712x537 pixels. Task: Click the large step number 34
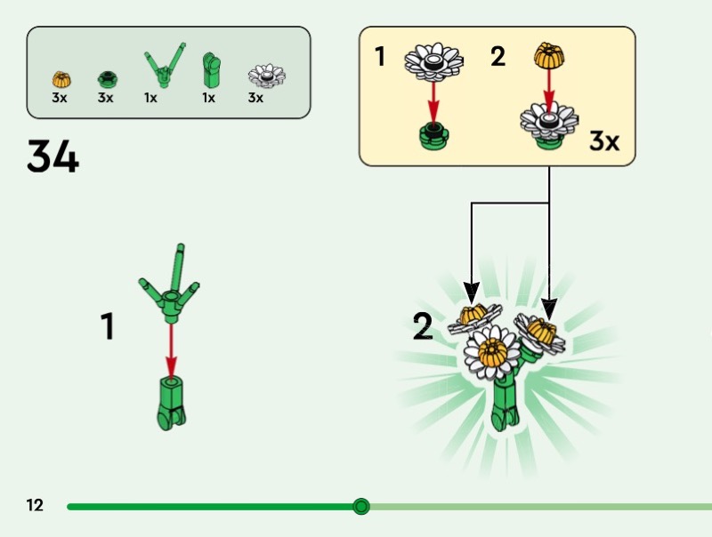[x=53, y=156]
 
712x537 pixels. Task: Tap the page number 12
[x=35, y=506]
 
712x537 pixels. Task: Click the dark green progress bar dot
[x=360, y=506]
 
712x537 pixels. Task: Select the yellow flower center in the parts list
[x=60, y=78]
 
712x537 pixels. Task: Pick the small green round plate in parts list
[x=106, y=79]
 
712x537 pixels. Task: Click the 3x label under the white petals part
[x=255, y=98]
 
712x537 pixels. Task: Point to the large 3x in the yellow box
[x=604, y=140]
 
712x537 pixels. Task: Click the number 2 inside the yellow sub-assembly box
[x=498, y=58]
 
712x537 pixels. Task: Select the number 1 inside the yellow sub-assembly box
[x=380, y=58]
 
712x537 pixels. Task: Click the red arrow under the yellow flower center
[x=549, y=87]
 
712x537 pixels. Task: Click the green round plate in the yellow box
[x=434, y=136]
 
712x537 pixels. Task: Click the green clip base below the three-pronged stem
[x=171, y=401]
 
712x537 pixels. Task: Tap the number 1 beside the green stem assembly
[x=108, y=326]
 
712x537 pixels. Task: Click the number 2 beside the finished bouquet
[x=423, y=327]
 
